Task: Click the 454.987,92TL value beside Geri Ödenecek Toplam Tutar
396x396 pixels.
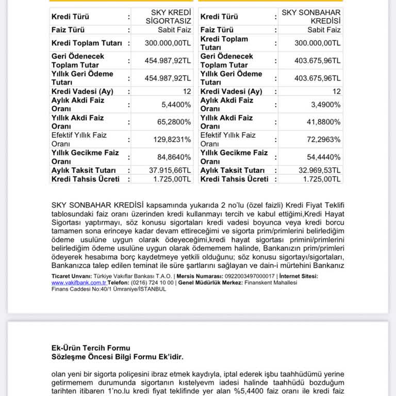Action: coord(167,61)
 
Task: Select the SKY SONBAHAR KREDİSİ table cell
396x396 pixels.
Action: coord(311,16)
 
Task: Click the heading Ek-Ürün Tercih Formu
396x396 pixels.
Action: coord(91,348)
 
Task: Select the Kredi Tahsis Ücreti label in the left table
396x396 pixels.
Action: coord(85,179)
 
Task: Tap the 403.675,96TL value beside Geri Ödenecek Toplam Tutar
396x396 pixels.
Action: coord(317,61)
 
